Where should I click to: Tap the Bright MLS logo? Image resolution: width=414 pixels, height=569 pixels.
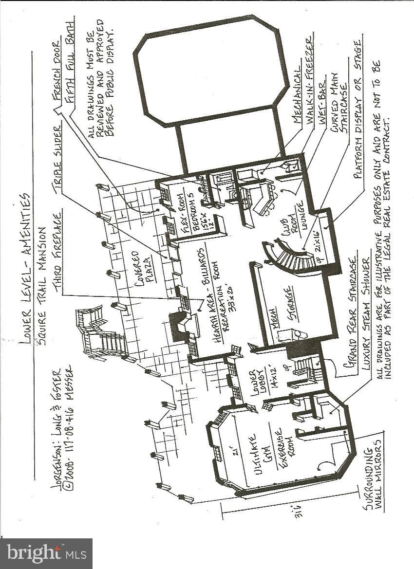[47, 553]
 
